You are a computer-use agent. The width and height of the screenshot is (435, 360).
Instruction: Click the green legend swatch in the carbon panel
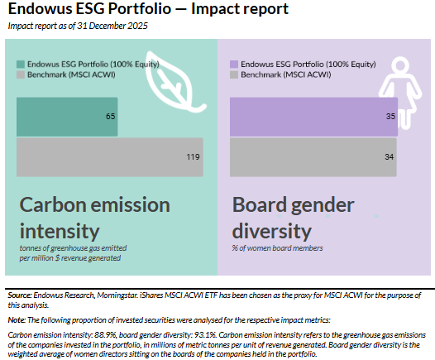(x=21, y=64)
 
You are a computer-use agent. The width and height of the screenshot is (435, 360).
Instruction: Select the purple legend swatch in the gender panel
(x=234, y=64)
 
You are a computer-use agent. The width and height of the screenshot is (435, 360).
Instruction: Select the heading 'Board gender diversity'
(x=294, y=217)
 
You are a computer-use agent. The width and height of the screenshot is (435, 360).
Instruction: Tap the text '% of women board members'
(x=277, y=247)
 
